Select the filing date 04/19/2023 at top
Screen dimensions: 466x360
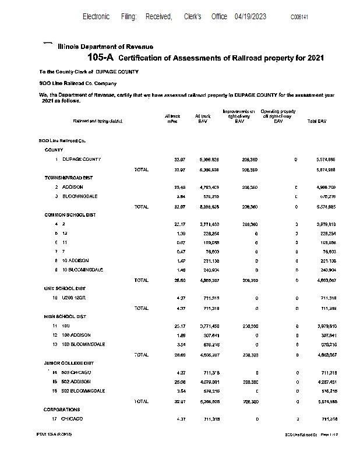(x=250, y=17)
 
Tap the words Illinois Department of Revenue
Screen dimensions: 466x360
(x=105, y=46)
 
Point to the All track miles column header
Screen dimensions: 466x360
(x=171, y=119)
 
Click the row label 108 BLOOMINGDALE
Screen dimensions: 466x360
(x=83, y=344)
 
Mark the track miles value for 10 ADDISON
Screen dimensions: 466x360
(x=179, y=261)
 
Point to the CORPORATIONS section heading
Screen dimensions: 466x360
(x=62, y=409)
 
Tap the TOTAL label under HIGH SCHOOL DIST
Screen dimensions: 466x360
(x=141, y=354)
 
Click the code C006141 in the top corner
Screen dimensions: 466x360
(x=299, y=17)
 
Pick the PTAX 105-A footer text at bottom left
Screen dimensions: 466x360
(x=54, y=435)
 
